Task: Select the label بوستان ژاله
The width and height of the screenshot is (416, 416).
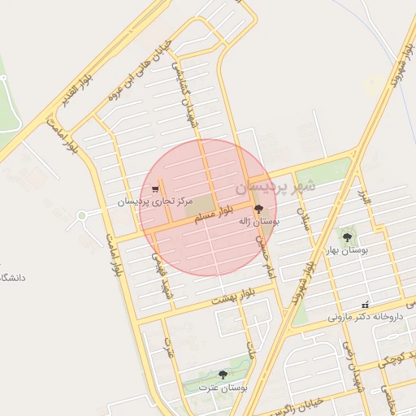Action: (x=258, y=221)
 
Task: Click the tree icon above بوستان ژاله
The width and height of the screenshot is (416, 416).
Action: (x=259, y=209)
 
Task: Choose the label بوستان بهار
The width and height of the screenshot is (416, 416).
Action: (x=348, y=250)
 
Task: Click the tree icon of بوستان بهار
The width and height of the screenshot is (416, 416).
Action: (x=348, y=237)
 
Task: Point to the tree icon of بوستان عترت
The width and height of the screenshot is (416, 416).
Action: (x=223, y=375)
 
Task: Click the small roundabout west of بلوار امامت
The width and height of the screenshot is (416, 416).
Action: (x=81, y=216)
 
